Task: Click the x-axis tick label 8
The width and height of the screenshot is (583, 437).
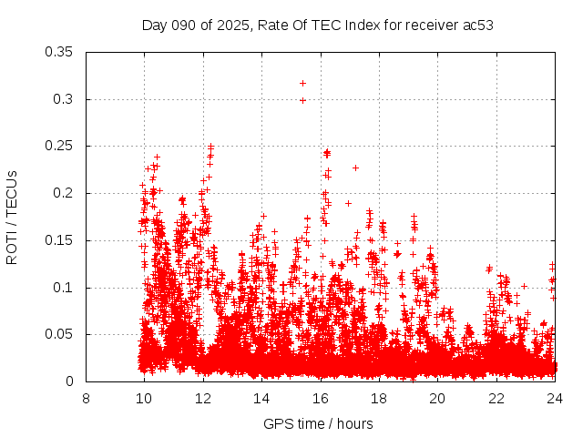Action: (x=86, y=398)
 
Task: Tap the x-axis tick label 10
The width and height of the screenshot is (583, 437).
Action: (x=144, y=398)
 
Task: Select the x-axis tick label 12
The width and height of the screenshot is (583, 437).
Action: (x=203, y=398)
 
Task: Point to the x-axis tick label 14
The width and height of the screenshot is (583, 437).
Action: (x=261, y=398)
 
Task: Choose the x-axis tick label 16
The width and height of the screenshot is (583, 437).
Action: (x=321, y=398)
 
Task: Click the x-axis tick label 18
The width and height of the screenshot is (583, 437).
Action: (x=379, y=398)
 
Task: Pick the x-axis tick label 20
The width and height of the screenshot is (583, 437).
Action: (x=437, y=398)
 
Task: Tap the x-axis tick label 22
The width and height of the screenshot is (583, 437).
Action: (x=496, y=398)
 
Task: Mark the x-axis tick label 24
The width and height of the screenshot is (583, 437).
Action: (x=555, y=398)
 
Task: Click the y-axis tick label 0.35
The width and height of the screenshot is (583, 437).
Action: (x=60, y=52)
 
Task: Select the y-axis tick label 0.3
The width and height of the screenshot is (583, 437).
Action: (x=64, y=99)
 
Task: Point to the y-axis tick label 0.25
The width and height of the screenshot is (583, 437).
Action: (x=60, y=146)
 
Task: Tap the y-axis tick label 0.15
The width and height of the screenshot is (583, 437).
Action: (x=60, y=240)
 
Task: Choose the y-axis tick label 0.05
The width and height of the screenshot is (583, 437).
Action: (x=60, y=334)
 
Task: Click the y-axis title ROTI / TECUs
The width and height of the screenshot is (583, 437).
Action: (x=13, y=217)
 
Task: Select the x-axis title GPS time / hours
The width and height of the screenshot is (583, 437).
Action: (x=318, y=423)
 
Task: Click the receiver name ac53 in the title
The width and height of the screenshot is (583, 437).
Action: (x=477, y=25)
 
